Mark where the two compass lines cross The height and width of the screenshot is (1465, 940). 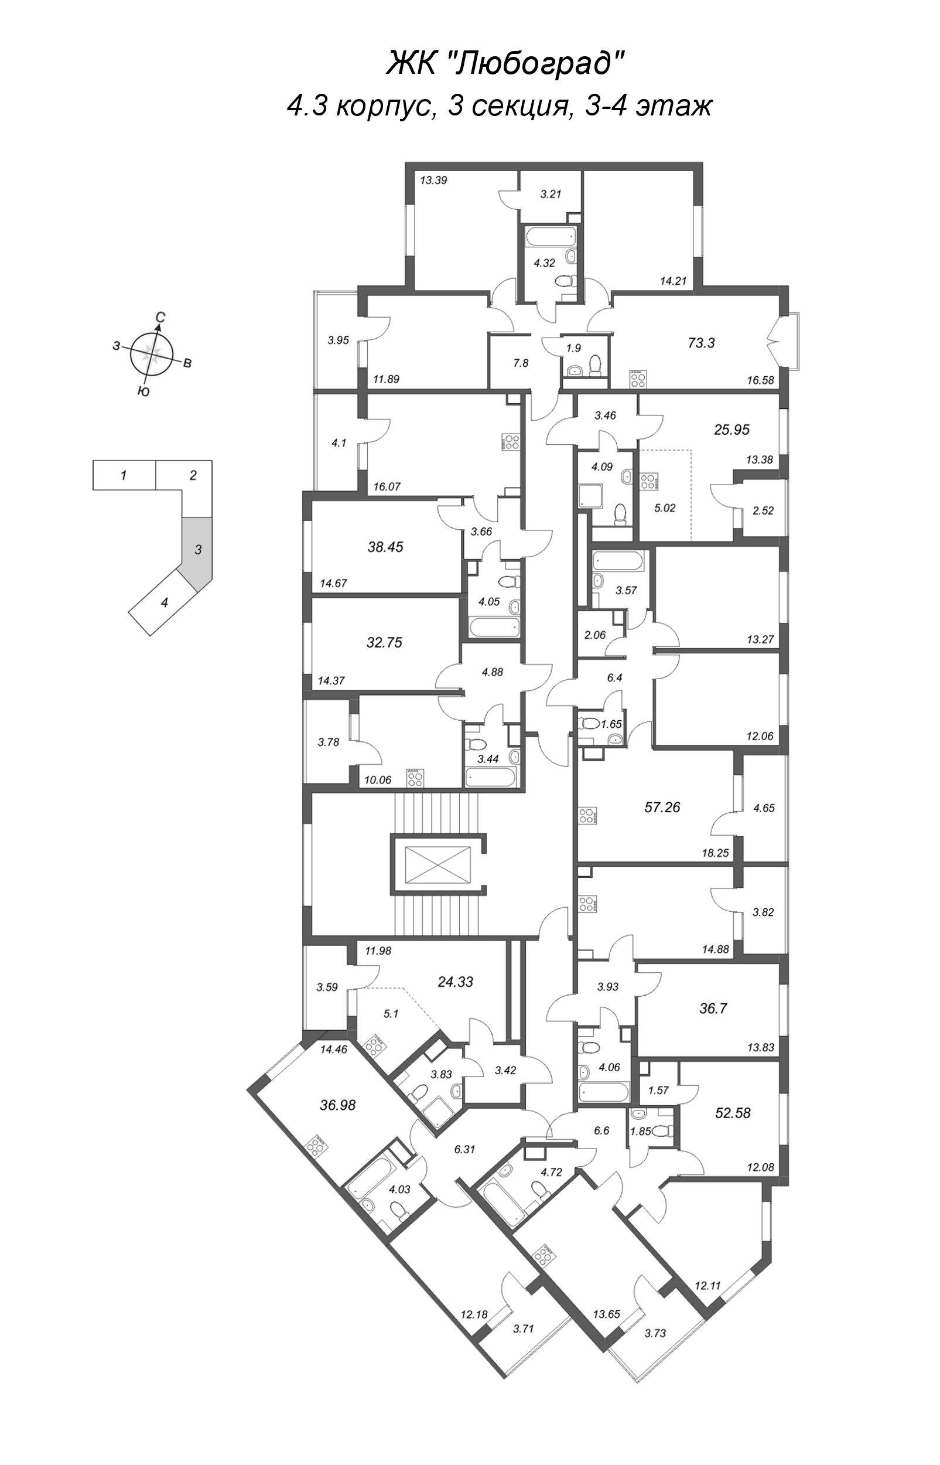pos(152,354)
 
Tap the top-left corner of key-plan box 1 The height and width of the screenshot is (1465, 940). pos(93,461)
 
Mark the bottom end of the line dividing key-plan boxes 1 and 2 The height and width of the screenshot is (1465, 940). pos(156,489)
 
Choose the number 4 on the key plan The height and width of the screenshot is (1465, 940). pos(163,603)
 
